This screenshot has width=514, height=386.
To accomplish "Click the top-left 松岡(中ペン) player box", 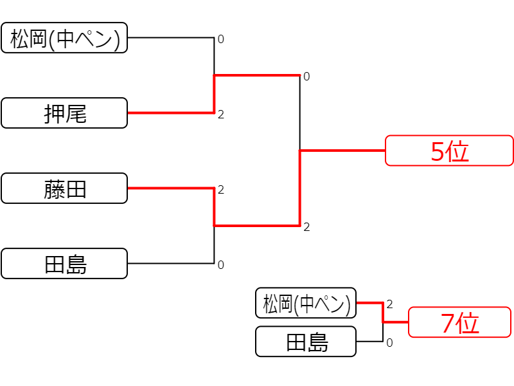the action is coord(64,38).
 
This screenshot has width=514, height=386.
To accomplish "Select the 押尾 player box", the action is coord(64,113).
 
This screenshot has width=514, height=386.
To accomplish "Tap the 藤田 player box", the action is coord(64,188).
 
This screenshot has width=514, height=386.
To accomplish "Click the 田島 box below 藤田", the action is coord(64,264).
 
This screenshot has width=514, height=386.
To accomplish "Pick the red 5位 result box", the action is coord(449,151).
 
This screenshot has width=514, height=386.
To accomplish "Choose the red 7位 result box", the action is coord(459,322).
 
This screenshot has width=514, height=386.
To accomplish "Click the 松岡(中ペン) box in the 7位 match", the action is coord(306,303).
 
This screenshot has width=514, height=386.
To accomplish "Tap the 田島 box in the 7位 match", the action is coord(306,342).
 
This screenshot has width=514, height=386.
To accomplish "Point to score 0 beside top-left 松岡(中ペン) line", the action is coord(221,39).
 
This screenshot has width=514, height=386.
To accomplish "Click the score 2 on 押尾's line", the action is coord(221,115).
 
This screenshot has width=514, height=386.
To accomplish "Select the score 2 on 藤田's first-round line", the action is coord(221,190).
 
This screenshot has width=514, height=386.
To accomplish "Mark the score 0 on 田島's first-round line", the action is coord(221,265).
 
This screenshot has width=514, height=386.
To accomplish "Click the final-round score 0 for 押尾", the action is coord(306,77).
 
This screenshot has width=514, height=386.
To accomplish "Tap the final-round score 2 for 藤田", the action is coord(306,227).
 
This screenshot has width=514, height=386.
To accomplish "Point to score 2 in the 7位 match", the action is coord(389,304).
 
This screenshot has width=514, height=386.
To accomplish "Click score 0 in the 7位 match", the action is coord(389,343).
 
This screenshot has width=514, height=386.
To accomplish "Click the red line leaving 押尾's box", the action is coord(171,113).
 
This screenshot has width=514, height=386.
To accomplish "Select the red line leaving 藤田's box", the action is coord(171,188).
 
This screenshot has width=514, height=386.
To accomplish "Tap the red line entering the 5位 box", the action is coord(342,151).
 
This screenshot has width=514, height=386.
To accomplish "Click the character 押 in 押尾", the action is coord(55,114).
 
